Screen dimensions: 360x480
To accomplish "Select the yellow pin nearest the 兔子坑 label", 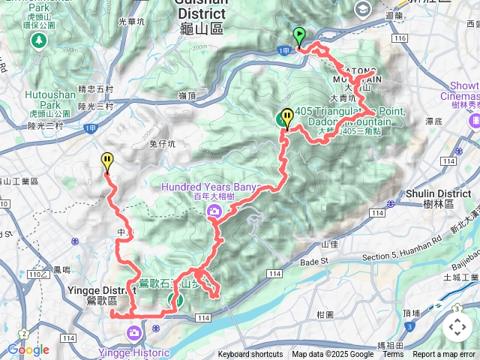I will click(x=107, y=161).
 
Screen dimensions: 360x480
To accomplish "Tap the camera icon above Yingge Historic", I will click(x=134, y=332).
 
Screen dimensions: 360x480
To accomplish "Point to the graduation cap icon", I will click(x=364, y=9).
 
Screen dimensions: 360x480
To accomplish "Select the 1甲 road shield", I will click(x=283, y=50).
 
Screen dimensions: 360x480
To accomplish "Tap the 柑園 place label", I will click(x=325, y=315).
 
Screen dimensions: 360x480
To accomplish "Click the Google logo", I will click(x=28, y=349).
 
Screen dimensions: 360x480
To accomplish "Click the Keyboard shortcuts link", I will click(x=250, y=355).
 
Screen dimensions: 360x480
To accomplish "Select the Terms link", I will click(x=393, y=355).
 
